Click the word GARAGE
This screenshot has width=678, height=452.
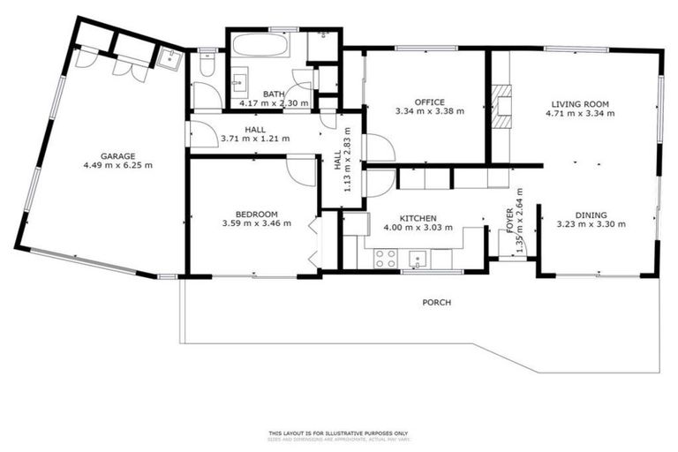click(117, 155)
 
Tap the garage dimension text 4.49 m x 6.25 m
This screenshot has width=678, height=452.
click(117, 165)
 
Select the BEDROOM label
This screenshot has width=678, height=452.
click(256, 214)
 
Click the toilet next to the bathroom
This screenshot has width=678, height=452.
click(206, 64)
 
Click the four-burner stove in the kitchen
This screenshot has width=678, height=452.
click(386, 258)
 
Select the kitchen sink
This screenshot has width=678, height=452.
click(418, 258)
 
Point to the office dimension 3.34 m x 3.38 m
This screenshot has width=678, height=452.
click(430, 112)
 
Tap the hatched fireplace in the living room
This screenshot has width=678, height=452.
click(501, 106)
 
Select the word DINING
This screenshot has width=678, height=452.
click(591, 214)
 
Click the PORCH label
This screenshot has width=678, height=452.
click(436, 303)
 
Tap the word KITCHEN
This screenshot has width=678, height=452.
click(417, 217)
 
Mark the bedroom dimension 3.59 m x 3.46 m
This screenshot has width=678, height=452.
click(256, 224)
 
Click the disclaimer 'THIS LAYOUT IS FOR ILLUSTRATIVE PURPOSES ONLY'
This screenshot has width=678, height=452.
click(338, 433)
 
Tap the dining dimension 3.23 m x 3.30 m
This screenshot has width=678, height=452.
click(591, 224)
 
